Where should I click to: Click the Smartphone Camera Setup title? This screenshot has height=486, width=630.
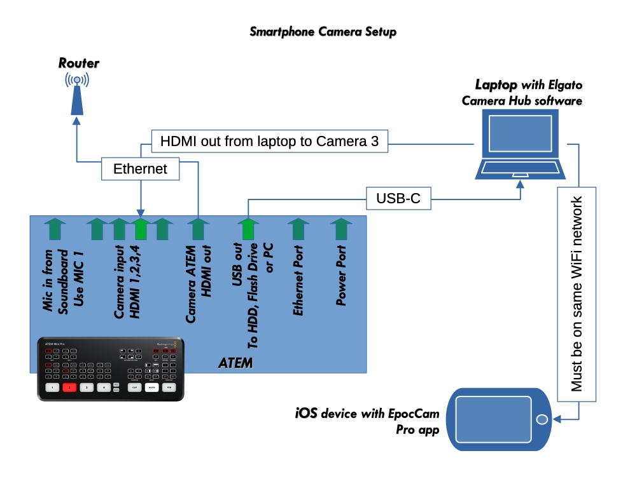coord(323,31)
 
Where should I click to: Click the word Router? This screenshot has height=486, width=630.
coord(79,63)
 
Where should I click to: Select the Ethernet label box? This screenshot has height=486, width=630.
coord(140,169)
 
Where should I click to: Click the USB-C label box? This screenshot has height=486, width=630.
coord(398,199)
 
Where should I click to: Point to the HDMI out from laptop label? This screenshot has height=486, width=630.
coord(269,141)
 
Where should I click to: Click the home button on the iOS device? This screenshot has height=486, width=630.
coord(542,420)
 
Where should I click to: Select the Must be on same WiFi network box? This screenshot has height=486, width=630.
coord(577,294)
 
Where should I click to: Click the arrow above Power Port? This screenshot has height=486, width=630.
coord(341,229)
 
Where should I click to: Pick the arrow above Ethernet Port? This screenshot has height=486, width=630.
coord(297,229)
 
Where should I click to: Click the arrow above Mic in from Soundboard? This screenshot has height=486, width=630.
coord(55,229)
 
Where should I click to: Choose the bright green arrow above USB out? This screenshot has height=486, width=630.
coord(248,229)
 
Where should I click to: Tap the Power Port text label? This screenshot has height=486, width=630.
coord(341,276)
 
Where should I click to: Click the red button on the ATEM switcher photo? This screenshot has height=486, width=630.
coord(69,386)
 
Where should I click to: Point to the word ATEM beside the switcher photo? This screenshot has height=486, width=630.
coord(235,363)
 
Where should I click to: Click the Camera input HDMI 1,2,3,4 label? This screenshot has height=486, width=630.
coord(127,280)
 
